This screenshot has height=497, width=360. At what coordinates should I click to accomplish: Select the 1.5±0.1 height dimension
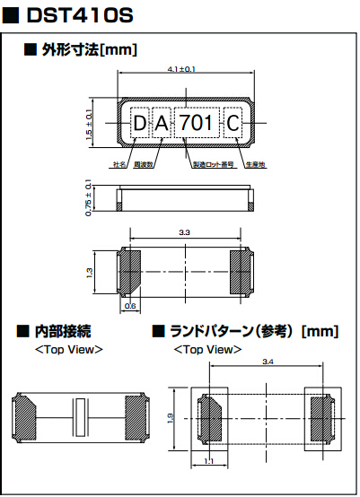[88, 122]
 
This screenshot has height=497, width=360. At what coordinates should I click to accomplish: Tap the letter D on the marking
[140, 123]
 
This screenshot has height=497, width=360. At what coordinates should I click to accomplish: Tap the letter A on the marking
[162, 123]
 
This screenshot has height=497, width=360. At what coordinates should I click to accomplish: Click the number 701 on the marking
[196, 123]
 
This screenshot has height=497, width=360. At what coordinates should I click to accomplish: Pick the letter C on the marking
[233, 123]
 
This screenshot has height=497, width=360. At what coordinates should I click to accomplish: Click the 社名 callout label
[119, 166]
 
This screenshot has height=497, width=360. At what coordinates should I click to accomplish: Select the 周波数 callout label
[144, 166]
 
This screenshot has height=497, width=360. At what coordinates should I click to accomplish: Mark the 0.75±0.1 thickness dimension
[88, 197]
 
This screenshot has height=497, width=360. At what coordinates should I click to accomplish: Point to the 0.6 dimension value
[130, 306]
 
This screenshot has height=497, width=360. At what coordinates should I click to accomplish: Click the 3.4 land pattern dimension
[268, 362]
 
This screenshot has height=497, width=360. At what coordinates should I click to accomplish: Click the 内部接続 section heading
[61, 332]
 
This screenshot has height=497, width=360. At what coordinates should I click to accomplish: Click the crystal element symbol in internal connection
[81, 418]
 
